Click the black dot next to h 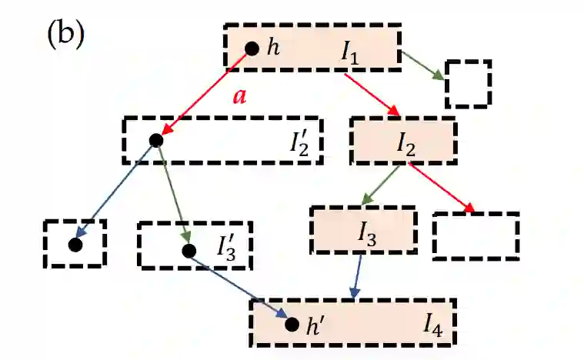tap(251, 48)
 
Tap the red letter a tap(239, 98)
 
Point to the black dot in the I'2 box tap(156, 140)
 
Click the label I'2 tap(300, 142)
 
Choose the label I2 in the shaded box tap(406, 142)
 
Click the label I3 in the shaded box tap(368, 231)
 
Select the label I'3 tap(228, 248)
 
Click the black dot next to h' tap(292, 324)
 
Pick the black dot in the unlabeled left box tap(75, 245)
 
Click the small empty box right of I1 tap(468, 83)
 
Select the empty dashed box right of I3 tap(476, 234)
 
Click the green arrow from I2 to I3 tap(382, 185)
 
